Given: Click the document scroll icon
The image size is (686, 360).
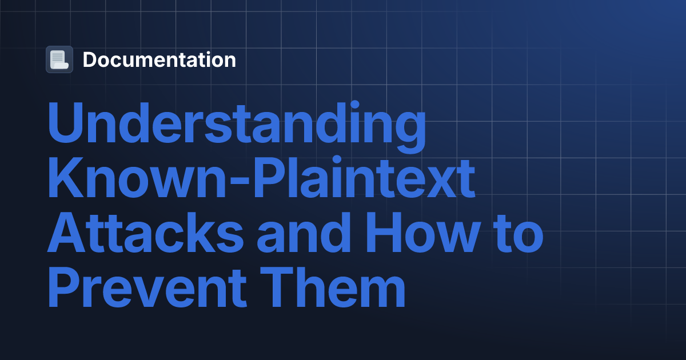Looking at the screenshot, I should (59, 59).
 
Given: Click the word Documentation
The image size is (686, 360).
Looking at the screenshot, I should (159, 59).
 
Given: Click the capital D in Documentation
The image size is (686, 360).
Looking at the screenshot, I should (90, 59).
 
